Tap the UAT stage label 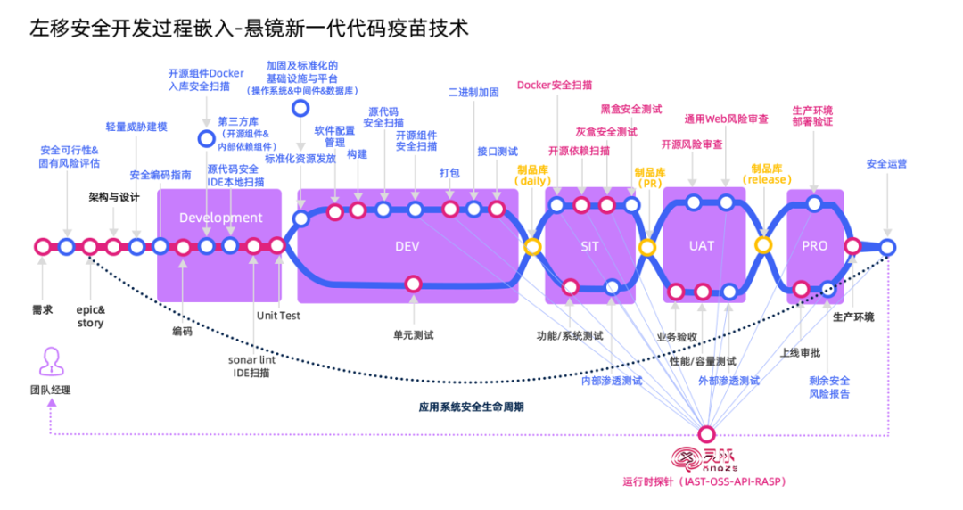point(702,245)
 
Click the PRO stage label point(814,245)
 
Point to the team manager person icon point(51,361)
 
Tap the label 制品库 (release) point(766,174)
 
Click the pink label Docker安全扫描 point(554,86)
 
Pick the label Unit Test point(278,316)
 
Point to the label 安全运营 point(886,164)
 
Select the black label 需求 point(42,309)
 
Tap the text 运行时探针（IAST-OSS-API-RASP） point(704,482)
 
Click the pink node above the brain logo point(706,434)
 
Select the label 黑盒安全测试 point(630,110)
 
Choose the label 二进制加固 point(473,93)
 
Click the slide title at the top point(249,29)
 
